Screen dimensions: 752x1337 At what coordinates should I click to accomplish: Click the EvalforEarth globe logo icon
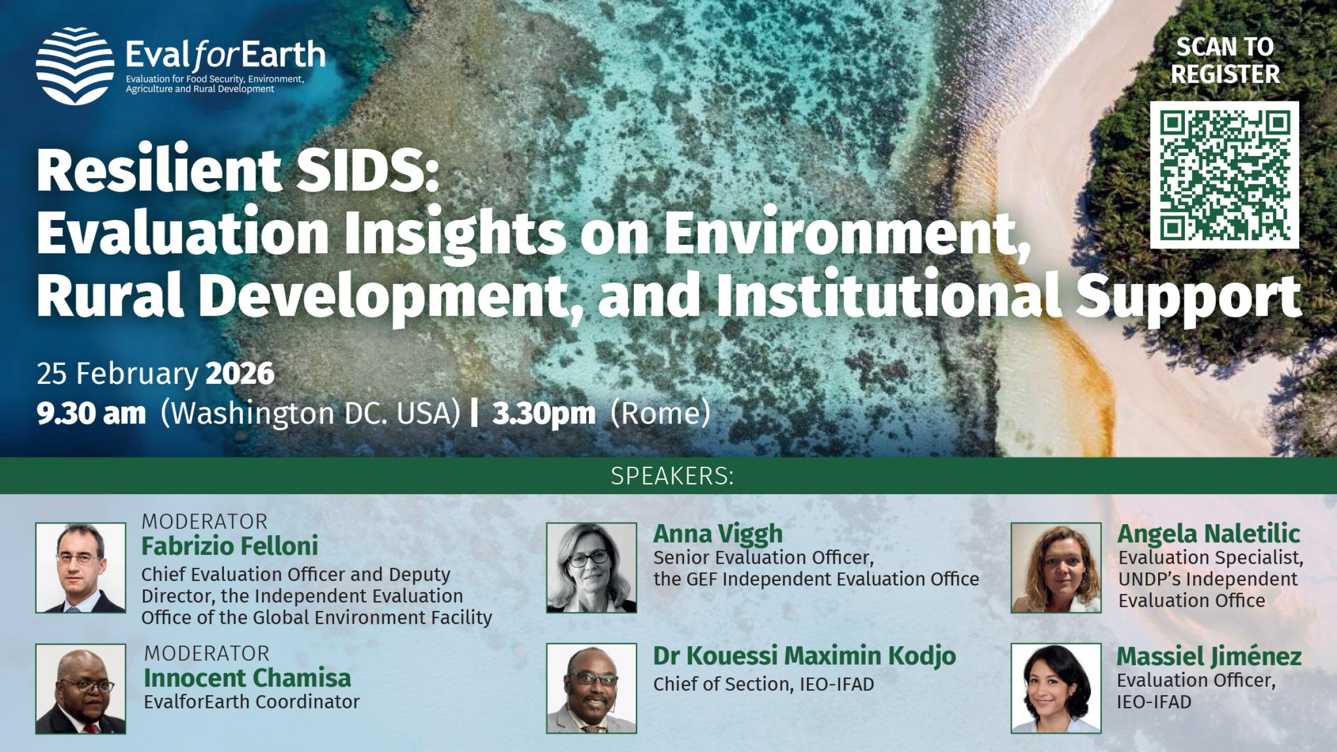tap(75, 66)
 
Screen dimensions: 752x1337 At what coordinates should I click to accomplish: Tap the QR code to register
tap(1224, 174)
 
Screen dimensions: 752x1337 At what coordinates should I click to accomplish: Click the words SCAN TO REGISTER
tap(1224, 60)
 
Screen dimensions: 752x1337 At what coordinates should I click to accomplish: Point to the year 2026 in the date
tap(240, 373)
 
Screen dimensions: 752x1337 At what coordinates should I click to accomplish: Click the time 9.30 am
tap(91, 414)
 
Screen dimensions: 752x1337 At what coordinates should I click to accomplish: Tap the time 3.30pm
tap(544, 414)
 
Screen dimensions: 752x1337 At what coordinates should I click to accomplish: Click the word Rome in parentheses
tap(661, 414)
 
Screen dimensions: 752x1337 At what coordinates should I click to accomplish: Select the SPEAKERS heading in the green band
tap(672, 476)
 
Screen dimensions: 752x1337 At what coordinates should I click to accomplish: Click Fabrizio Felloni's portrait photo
tap(81, 568)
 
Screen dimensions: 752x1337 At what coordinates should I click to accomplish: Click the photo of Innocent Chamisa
tap(81, 688)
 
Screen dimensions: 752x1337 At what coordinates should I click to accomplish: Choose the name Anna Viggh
tap(718, 534)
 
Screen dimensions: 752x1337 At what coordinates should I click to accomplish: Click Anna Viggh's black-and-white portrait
tap(592, 568)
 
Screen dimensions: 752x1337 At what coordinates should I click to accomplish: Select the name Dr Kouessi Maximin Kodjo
tap(804, 656)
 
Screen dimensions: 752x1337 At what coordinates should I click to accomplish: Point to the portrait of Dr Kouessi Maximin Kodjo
tap(592, 688)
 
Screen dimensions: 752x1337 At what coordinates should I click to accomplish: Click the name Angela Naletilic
tap(1208, 534)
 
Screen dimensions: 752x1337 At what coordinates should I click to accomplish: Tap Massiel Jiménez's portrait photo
tap(1056, 688)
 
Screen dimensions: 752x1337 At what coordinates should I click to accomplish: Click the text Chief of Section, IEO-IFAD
tap(763, 684)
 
